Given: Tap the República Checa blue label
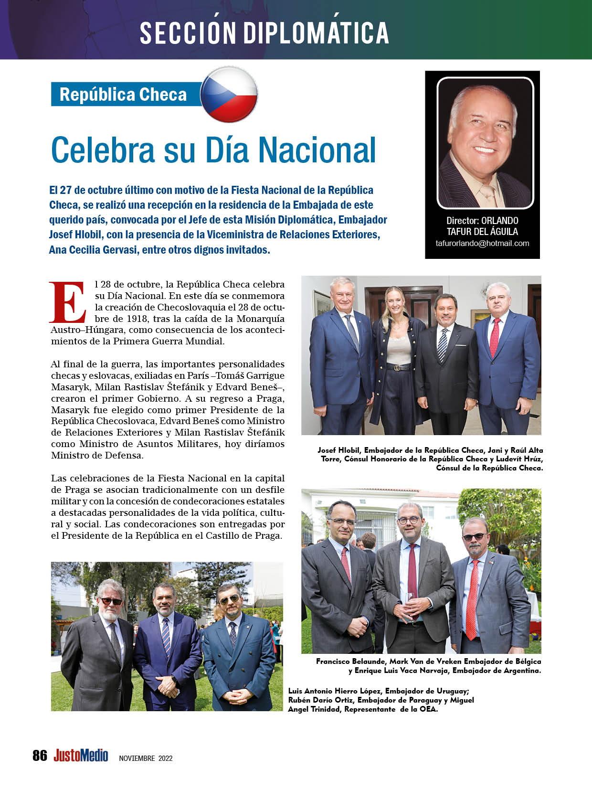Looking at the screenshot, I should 123,94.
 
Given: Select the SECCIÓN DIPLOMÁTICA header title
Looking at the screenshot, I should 264,32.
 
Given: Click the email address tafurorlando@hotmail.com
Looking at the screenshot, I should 482,243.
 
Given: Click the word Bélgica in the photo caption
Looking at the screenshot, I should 525,662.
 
